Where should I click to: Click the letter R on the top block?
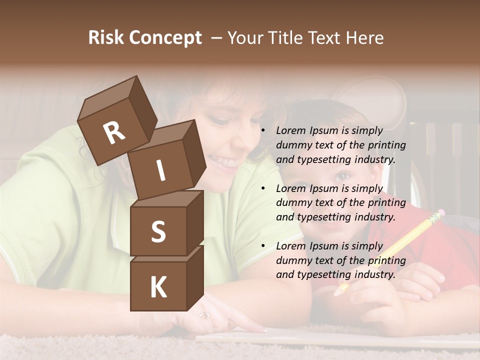[x=114, y=132]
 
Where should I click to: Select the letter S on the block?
[x=158, y=231]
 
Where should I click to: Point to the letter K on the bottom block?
[x=158, y=287]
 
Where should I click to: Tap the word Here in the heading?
[x=364, y=38]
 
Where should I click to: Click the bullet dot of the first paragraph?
[x=263, y=131]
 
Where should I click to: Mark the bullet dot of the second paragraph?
[x=263, y=188]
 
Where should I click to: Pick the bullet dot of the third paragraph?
[x=263, y=246]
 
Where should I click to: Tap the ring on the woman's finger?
[x=204, y=315]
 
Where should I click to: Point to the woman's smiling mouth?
[x=223, y=161]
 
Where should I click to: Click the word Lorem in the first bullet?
[x=291, y=131]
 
